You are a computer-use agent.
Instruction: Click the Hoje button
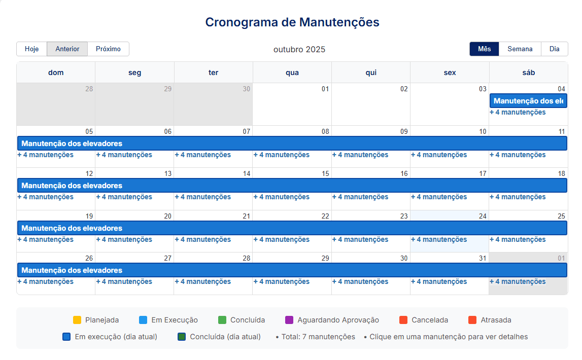[31, 49]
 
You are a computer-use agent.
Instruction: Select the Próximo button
[108, 49]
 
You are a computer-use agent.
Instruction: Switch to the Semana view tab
[520, 49]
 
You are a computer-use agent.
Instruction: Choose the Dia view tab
[554, 49]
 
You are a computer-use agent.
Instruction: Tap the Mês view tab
[484, 49]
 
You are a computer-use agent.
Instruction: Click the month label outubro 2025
[299, 50]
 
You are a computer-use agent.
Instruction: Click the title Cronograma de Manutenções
[292, 22]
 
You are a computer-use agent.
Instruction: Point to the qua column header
[292, 73]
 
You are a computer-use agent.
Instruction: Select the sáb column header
[528, 73]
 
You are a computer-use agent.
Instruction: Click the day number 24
[483, 216]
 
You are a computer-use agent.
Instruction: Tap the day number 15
[325, 174]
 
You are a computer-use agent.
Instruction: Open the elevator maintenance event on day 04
[528, 101]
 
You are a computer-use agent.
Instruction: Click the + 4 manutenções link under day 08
[281, 155]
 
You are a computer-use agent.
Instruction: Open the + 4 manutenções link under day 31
[439, 282]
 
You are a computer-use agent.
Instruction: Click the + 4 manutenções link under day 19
[45, 240]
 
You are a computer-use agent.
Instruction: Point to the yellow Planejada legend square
[77, 320]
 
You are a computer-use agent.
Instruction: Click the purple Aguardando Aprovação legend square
[289, 320]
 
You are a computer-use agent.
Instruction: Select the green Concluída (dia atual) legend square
[182, 337]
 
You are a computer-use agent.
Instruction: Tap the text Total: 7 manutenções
[318, 337]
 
